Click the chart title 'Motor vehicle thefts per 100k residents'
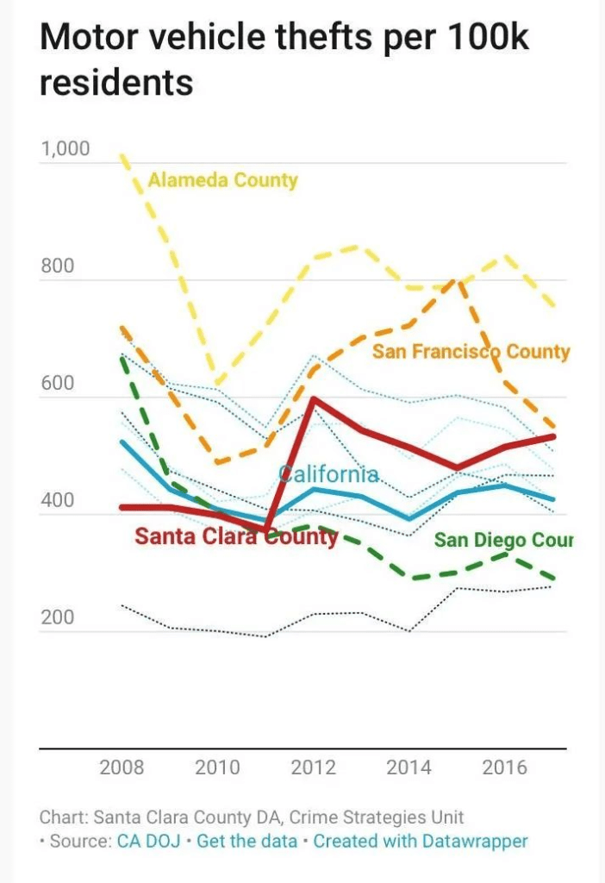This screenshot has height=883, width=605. click(x=284, y=60)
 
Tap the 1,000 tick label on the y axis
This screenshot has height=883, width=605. click(x=65, y=148)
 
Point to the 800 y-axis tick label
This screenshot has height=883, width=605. click(x=59, y=266)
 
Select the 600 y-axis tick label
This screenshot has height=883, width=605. click(x=59, y=384)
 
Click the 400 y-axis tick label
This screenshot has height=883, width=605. click(x=59, y=501)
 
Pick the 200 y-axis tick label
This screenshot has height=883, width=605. click(x=59, y=618)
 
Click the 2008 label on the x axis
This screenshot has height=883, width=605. click(x=122, y=767)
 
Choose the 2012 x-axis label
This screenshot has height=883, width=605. click(x=313, y=767)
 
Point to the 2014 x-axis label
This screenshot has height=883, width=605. click(x=409, y=767)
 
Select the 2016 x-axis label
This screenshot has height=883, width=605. click(x=504, y=767)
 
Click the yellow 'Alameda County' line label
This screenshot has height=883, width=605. click(x=222, y=180)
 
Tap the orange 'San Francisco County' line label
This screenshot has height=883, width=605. click(x=471, y=352)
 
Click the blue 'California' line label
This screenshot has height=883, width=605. click(x=328, y=474)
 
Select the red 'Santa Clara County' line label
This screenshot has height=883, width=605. click(x=236, y=537)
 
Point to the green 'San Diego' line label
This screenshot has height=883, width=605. click(x=502, y=541)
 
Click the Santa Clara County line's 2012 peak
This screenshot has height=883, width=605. click(x=313, y=398)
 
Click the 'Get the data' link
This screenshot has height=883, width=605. click(x=246, y=841)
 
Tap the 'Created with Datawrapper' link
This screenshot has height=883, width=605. click(x=420, y=841)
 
